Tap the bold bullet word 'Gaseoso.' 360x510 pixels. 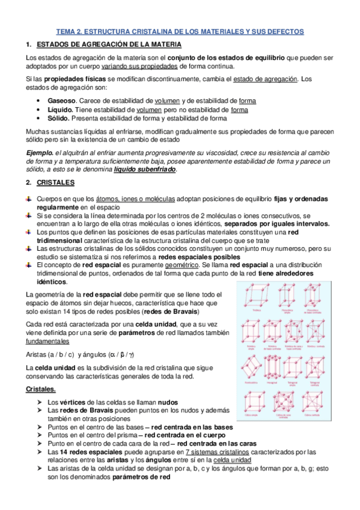[x=63, y=101]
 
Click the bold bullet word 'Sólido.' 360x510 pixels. [x=59, y=118]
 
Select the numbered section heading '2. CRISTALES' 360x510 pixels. [x=50, y=182]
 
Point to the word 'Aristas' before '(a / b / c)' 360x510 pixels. [x=37, y=354]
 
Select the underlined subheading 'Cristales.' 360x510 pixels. [x=41, y=390]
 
